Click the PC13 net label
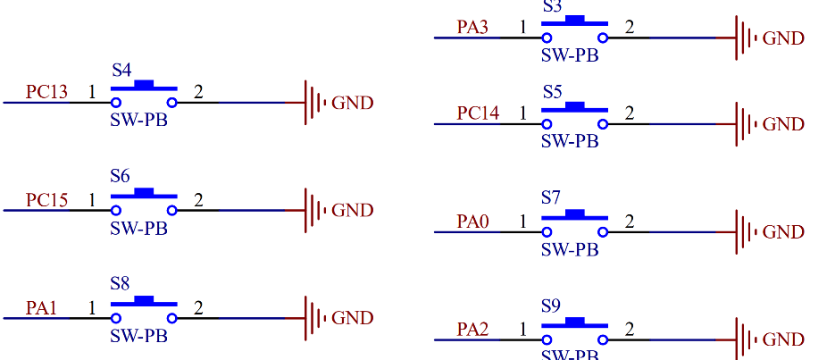[x=46, y=92]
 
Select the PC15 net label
[x=46, y=200]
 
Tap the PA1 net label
[x=41, y=308]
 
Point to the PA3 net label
[x=472, y=27]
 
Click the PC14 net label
[x=478, y=113]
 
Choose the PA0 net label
[x=472, y=222]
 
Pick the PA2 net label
[x=472, y=330]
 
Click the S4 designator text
[x=121, y=70]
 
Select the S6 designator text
[x=121, y=177]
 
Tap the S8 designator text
[x=121, y=284]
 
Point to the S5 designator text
[x=552, y=91]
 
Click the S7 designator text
[x=551, y=197]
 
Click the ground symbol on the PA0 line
[x=740, y=232]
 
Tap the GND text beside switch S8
[x=353, y=318]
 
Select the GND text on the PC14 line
[x=783, y=124]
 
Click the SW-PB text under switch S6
[x=138, y=228]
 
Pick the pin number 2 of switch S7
[x=630, y=221]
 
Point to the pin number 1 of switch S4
[x=91, y=91]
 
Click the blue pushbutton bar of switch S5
[x=575, y=107]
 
